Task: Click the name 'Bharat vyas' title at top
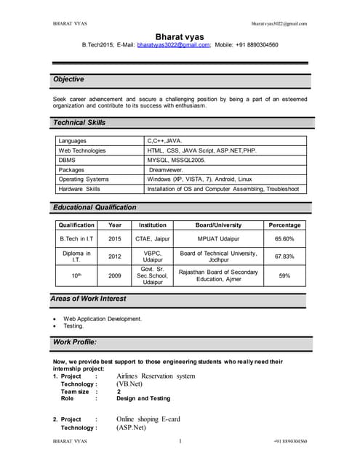tap(180, 36)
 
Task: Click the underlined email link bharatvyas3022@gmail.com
tap(173, 45)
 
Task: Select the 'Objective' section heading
tap(68, 79)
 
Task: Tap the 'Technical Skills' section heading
tap(79, 123)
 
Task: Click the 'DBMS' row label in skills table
tap(67, 160)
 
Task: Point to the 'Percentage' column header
tap(284, 225)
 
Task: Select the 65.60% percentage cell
tap(284, 238)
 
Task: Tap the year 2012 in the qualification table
tap(115, 256)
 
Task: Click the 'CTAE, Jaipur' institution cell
tap(153, 238)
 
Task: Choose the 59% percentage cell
tap(284, 276)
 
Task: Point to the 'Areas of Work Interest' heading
tap(88, 299)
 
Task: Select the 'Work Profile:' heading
tap(75, 341)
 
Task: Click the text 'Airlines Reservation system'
tap(156, 376)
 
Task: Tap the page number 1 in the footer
tap(180, 441)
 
